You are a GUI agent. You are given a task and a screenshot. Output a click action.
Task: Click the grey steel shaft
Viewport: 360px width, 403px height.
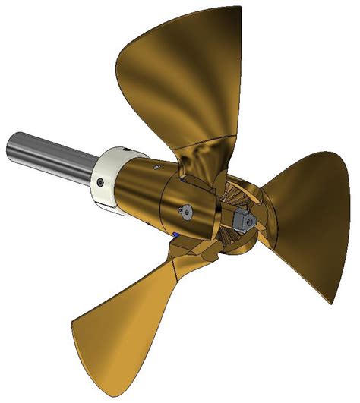pyautogui.click(x=53, y=156)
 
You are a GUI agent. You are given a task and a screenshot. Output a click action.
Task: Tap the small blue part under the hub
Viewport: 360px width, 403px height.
pyautogui.click(x=177, y=235)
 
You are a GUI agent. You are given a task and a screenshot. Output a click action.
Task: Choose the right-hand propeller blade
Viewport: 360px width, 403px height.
pyautogui.click(x=304, y=220)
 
